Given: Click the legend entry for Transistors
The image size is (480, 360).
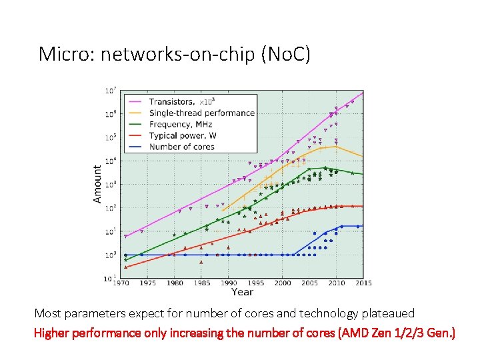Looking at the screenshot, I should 171,102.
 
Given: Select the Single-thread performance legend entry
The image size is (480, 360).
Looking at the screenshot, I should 201,113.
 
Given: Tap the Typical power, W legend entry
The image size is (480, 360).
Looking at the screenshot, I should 183,135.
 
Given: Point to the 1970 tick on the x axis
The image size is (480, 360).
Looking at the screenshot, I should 122,283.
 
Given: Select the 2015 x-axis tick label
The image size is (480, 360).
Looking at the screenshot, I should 363,283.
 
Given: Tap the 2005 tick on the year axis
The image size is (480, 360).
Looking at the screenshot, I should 309,283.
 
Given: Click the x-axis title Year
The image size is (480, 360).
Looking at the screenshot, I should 242,292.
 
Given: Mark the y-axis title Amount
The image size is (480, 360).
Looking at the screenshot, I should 98,184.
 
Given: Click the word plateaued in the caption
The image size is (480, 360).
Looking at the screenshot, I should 388,313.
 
